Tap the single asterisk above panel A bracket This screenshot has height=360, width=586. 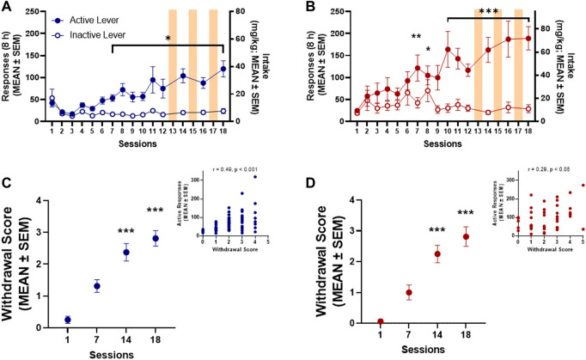point(168,40)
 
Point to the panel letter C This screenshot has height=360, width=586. point(9,182)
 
